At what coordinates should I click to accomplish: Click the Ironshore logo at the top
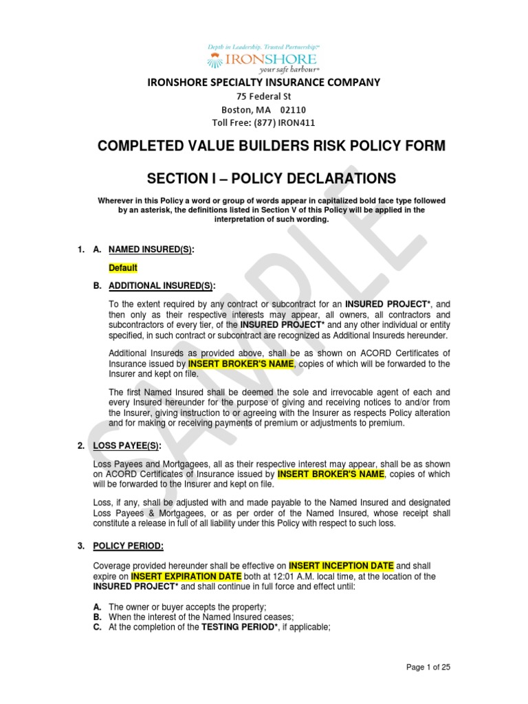(264, 58)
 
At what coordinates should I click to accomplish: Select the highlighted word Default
(123, 267)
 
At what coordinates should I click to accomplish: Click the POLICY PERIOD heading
(129, 546)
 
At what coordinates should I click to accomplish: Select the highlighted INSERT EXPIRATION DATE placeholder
(186, 576)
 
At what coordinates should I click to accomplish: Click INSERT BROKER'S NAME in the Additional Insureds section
(240, 364)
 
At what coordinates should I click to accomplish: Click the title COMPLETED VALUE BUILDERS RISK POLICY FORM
(264, 146)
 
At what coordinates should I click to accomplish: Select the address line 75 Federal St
(264, 97)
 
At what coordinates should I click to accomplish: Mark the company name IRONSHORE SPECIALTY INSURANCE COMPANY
(264, 82)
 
